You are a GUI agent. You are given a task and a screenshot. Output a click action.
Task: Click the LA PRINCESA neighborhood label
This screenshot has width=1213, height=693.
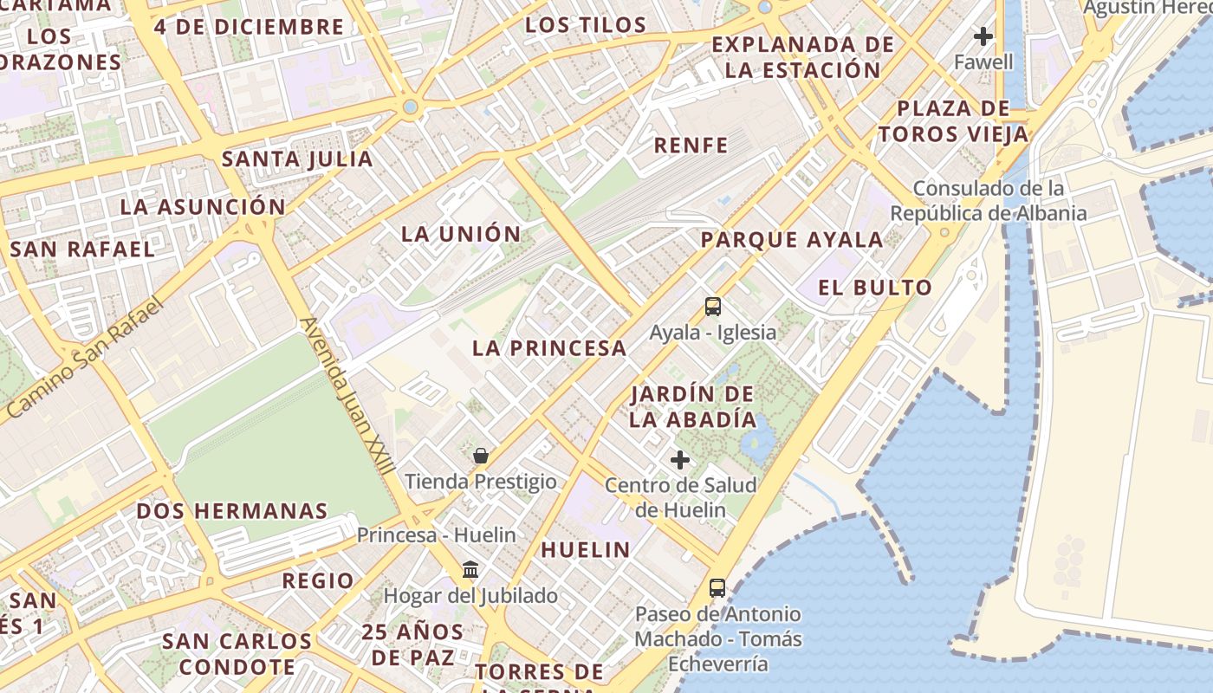point(549,348)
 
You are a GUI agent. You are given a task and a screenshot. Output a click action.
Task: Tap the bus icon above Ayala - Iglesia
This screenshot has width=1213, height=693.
point(712,307)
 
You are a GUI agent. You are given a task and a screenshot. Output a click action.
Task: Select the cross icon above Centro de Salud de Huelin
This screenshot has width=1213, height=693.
point(680,460)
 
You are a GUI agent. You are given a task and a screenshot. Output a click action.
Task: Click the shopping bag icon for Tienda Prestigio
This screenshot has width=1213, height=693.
point(481,456)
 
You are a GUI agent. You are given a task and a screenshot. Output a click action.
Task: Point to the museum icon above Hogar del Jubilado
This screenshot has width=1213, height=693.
point(470,570)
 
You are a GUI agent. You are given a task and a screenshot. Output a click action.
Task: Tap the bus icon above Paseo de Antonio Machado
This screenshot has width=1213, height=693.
point(717,588)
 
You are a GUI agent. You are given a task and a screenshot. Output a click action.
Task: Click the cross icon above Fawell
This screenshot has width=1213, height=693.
point(983,36)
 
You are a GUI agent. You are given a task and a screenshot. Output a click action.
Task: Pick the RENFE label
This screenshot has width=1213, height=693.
point(691,146)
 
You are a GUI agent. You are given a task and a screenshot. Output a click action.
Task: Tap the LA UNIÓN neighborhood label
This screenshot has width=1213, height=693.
point(461,234)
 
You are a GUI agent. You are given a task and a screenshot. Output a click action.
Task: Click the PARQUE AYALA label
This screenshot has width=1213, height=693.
point(792,240)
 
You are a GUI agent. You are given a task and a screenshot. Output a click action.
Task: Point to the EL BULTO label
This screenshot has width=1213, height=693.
point(875,288)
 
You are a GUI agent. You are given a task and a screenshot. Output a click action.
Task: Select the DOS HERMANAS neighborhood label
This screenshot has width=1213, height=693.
point(232,511)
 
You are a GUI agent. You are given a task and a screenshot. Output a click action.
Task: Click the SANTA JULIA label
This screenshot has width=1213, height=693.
point(297,159)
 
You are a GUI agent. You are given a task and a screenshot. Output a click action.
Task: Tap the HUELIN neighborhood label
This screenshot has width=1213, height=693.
point(586,549)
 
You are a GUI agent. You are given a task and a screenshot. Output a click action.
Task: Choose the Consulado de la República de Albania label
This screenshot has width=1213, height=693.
point(988,201)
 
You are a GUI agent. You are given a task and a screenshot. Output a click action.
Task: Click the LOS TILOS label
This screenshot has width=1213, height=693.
point(586,25)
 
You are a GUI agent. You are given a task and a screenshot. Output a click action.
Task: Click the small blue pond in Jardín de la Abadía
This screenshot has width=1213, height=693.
point(757,444)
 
